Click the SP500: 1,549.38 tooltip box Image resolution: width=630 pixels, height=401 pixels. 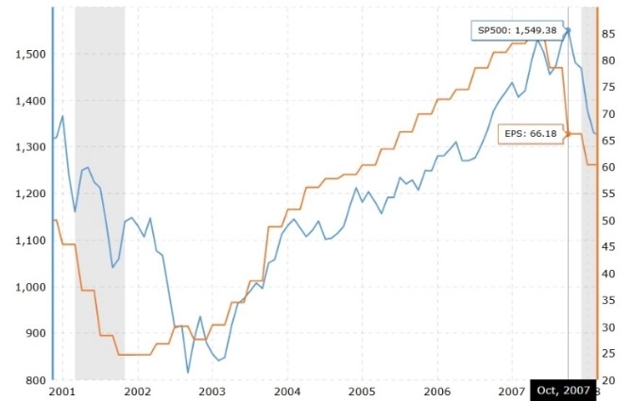click(518, 31)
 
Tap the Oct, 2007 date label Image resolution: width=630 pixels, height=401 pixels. click(562, 390)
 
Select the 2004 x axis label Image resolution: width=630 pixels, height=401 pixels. click(288, 391)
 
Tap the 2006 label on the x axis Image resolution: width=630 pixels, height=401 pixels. click(437, 391)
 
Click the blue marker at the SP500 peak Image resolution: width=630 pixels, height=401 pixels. click(568, 30)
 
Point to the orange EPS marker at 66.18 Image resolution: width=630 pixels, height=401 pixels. click(568, 134)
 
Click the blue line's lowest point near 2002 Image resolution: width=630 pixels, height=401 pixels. click(188, 373)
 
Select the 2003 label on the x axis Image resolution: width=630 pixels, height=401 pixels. click(213, 391)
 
